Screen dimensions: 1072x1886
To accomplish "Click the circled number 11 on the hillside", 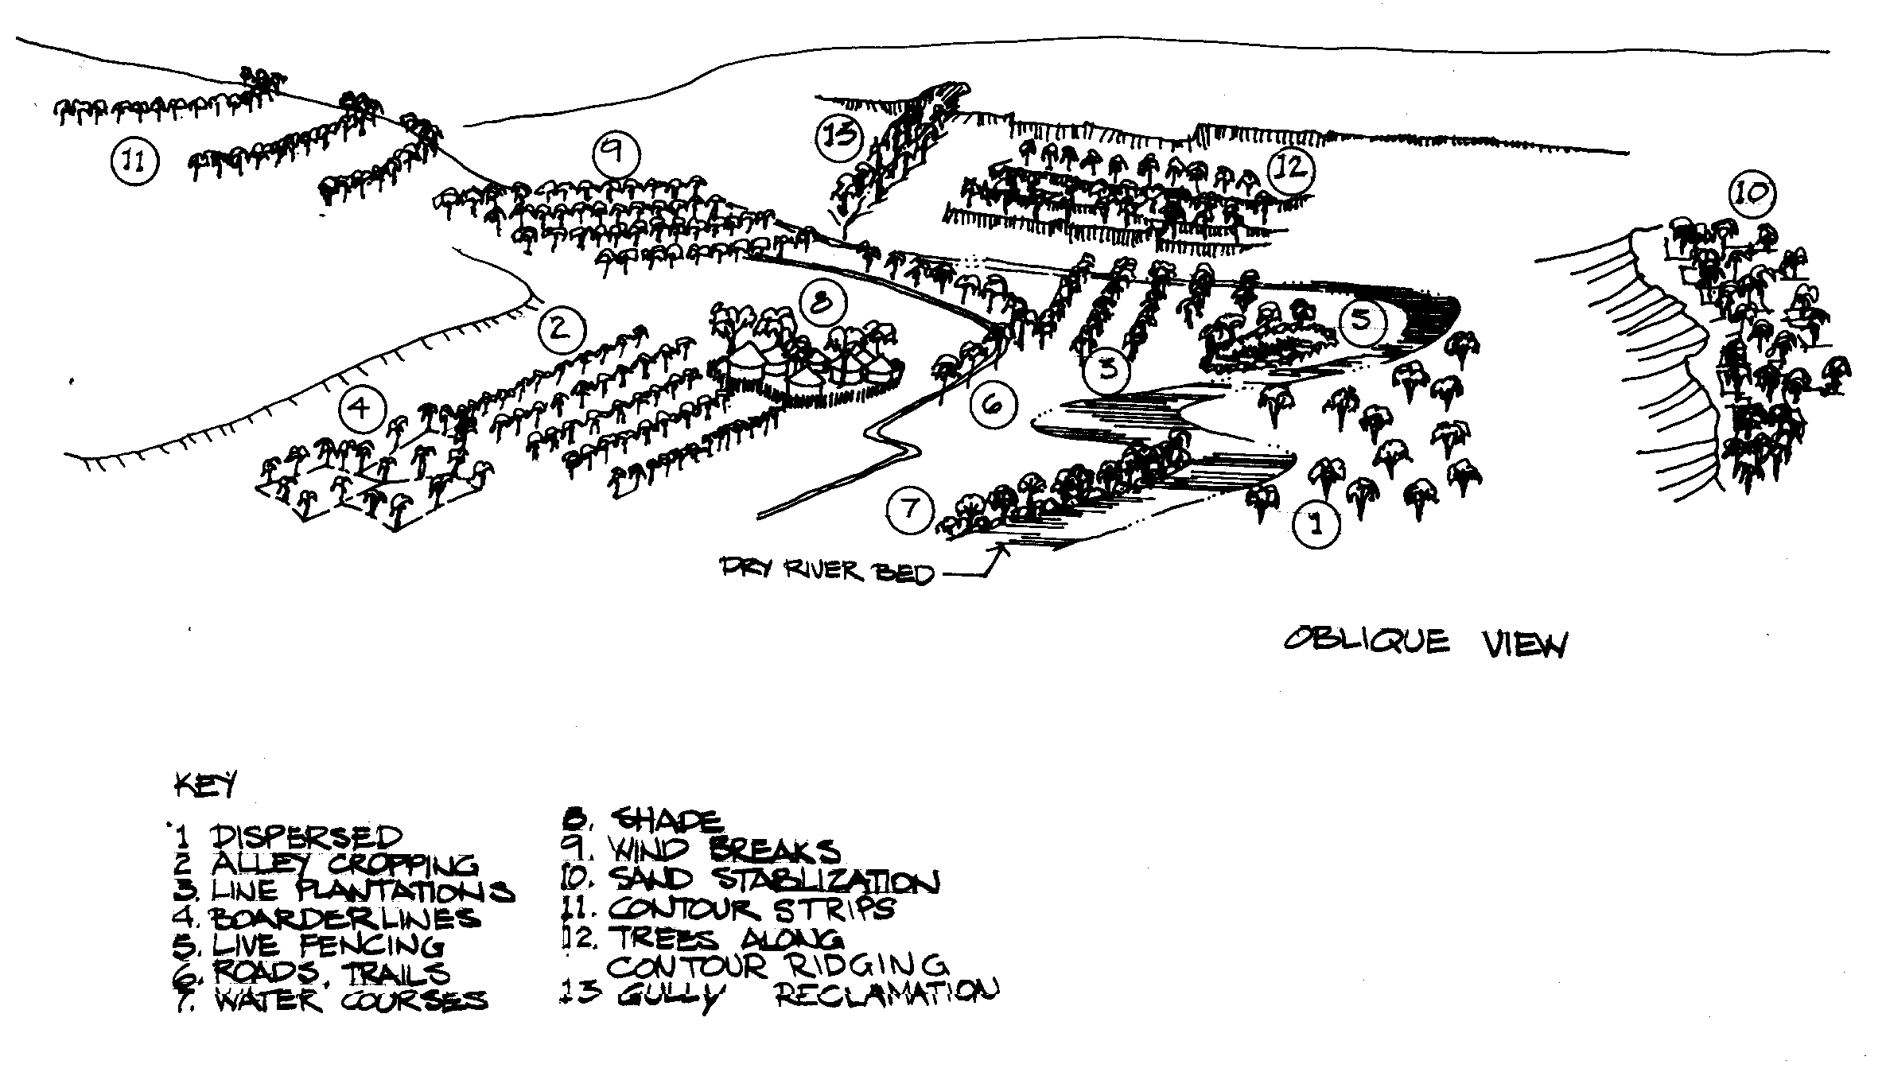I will [135, 161].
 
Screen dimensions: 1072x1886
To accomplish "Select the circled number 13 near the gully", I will [840, 134].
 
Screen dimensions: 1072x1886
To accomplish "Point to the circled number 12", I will [1290, 169].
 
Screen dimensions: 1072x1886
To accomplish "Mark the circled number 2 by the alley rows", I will [561, 328].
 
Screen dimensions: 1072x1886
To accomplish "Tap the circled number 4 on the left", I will [361, 410].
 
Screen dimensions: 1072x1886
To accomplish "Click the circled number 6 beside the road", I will [994, 405].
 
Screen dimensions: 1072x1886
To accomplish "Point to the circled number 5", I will [1362, 320].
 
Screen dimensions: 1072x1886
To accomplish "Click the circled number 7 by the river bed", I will [911, 508].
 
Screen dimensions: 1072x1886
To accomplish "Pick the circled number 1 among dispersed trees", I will [1316, 524].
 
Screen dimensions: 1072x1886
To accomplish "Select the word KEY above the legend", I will [204, 786].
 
